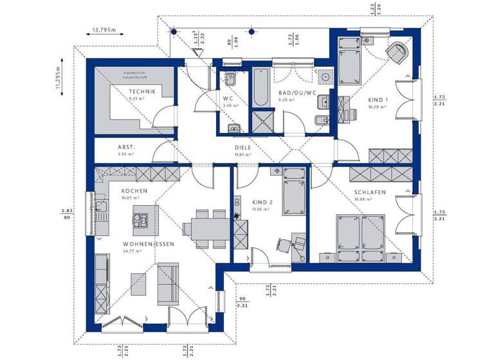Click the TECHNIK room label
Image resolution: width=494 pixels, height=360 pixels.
click(x=138, y=92)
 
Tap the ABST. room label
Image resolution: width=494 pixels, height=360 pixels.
click(x=125, y=147)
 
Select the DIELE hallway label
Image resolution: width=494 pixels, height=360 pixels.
click(x=242, y=147)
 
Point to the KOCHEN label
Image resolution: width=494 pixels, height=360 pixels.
click(x=134, y=191)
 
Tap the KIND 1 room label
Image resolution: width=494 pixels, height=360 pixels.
click(x=378, y=100)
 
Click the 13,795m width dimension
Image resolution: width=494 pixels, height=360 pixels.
click(x=104, y=30)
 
